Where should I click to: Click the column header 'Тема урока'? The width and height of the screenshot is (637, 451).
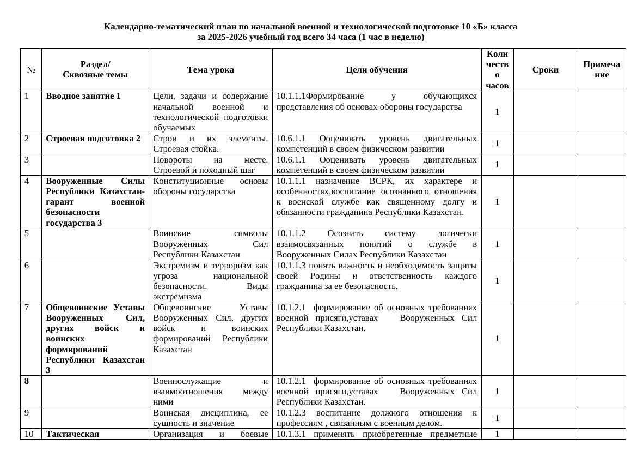pyautogui.click(x=210, y=70)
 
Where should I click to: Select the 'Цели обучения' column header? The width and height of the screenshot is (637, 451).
pyautogui.click(x=376, y=70)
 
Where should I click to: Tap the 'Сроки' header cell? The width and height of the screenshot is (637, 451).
pyautogui.click(x=545, y=70)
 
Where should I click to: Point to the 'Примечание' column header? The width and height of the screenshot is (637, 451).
pyautogui.click(x=601, y=70)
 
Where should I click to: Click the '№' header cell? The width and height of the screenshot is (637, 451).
pyautogui.click(x=31, y=70)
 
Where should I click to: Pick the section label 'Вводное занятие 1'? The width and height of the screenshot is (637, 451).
pyautogui.click(x=83, y=97)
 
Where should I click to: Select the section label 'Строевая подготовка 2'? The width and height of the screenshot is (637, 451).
pyautogui.click(x=93, y=139)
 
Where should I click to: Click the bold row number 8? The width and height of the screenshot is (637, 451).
pyautogui.click(x=27, y=381)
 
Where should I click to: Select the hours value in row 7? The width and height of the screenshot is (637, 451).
pyautogui.click(x=497, y=339)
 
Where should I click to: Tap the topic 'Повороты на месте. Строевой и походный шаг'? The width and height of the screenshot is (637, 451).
pyautogui.click(x=210, y=165)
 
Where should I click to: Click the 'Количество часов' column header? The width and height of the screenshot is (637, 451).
pyautogui.click(x=497, y=70)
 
